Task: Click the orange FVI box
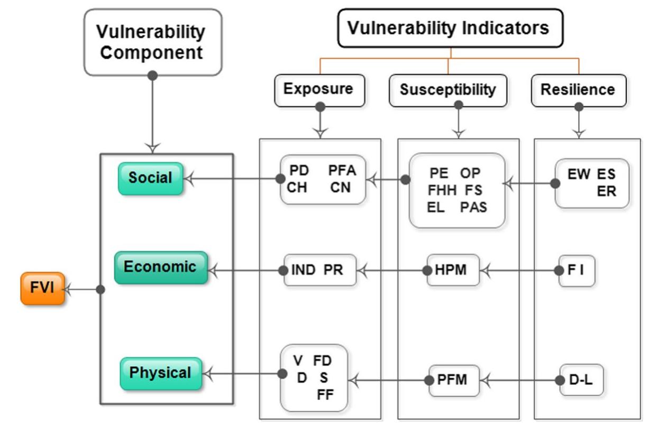(42, 289)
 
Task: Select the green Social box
(150, 178)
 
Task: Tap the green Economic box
(160, 267)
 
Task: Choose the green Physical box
(160, 373)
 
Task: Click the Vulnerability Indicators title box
(450, 29)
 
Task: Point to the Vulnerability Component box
(152, 42)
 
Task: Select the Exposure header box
(319, 89)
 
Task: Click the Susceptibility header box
(448, 90)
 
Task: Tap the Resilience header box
(578, 90)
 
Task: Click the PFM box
(453, 379)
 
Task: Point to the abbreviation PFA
(342, 171)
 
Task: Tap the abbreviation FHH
(442, 190)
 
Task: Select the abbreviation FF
(325, 394)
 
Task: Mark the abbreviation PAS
(473, 207)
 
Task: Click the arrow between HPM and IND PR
(391, 271)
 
